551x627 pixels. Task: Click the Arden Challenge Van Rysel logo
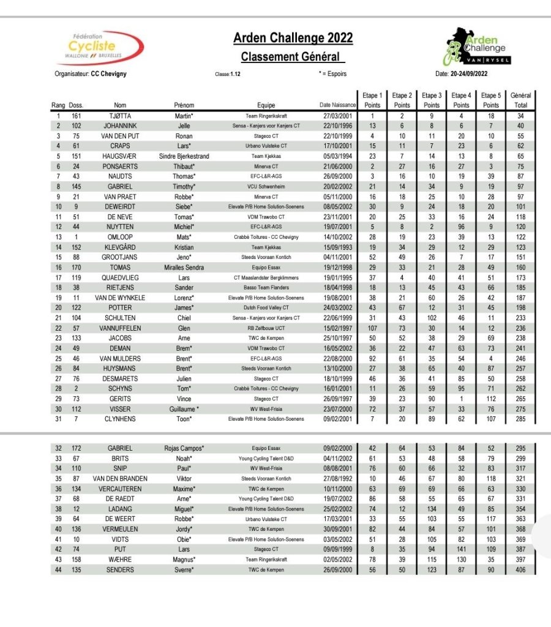point(478,47)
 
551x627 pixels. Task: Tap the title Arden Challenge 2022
point(293,39)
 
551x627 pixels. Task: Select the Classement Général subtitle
point(290,57)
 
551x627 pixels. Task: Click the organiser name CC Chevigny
point(109,74)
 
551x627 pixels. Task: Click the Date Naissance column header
point(337,105)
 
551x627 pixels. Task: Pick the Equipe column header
point(266,105)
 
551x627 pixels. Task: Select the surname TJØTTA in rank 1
point(120,116)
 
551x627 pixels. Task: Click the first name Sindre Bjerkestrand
point(184,156)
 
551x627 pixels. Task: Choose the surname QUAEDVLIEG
point(120,277)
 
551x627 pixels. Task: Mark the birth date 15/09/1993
point(337,247)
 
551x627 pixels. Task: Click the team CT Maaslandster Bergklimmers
point(266,277)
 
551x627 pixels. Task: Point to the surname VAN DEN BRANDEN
point(120,478)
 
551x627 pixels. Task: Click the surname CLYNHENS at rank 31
point(120,419)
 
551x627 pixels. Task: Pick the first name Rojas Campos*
point(184,448)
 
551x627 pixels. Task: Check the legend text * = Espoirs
point(333,74)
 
